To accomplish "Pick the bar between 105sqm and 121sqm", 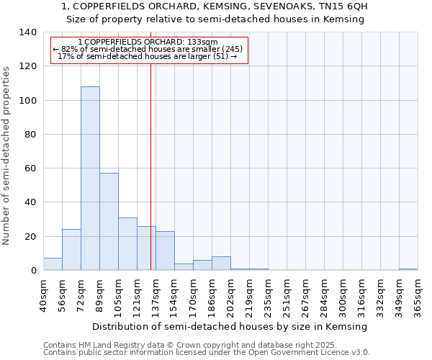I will [127, 244].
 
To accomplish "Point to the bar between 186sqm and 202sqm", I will [221, 264].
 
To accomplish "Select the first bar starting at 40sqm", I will [53, 264].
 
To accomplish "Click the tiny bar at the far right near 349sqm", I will [408, 269].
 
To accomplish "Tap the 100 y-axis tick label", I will [27, 101].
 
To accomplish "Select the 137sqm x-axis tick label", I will [156, 294].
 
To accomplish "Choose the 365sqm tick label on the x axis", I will [418, 294].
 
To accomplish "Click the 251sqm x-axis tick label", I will [287, 294].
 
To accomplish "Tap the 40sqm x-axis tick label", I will [43, 294].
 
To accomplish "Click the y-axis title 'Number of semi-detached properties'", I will [7, 156].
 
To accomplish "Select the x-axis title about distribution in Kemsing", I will [230, 326].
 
